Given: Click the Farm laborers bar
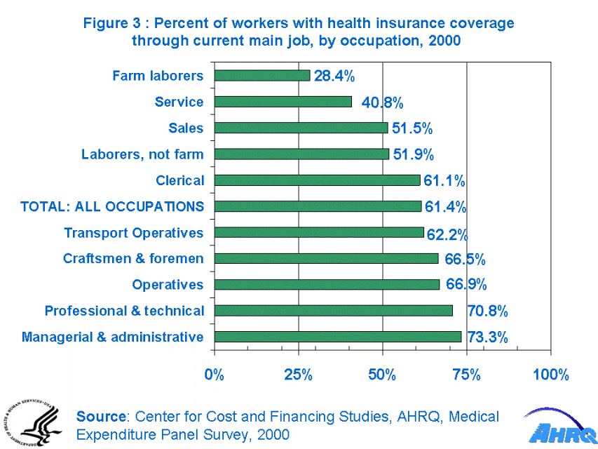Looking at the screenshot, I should pos(261,76).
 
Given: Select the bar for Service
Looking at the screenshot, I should pos(283,102).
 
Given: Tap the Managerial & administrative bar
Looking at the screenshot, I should pos(337,337).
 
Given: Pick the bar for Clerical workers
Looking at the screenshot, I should pos(317,180).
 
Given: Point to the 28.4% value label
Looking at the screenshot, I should pos(334,76).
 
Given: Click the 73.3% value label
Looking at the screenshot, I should pos(487,337).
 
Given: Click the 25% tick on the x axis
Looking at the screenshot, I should pos(298,375).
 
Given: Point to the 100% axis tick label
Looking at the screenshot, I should pos(550,375).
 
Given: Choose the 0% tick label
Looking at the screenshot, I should pos(214,375).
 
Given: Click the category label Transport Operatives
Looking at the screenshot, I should pos(133,233).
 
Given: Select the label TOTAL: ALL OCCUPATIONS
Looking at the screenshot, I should pos(112,207).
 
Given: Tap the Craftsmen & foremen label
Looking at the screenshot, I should pos(133,259).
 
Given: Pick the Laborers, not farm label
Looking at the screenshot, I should pos(142,154).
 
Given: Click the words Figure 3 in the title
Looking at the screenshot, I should pos(108,23).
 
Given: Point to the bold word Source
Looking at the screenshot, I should pos(102,417).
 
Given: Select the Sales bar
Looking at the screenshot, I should pos(300,128).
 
